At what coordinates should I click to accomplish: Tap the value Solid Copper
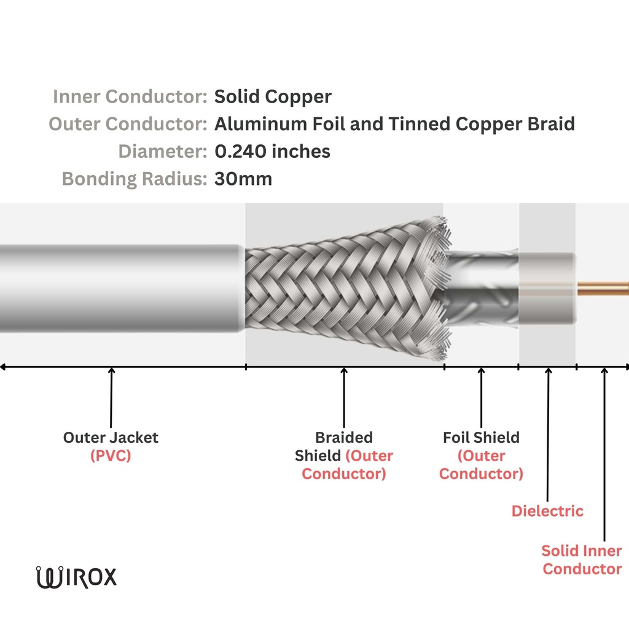[x=273, y=96]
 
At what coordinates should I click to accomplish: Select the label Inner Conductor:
[x=130, y=96]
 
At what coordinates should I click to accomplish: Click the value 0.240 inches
[x=272, y=151]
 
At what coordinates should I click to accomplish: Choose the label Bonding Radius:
[x=135, y=179]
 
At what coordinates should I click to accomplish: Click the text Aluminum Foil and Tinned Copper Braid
[x=394, y=124]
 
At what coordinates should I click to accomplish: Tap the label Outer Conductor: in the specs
[x=128, y=124]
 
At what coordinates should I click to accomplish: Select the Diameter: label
[x=163, y=151]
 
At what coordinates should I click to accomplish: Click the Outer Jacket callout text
[x=111, y=437]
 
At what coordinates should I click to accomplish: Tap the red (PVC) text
[x=111, y=456]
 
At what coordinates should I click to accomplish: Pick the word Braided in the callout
[x=344, y=437]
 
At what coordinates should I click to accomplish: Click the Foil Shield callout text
[x=481, y=437]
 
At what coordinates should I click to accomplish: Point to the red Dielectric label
[x=547, y=511]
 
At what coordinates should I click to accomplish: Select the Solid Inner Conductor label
[x=582, y=559]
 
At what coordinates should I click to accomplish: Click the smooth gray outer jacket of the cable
[x=117, y=289]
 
